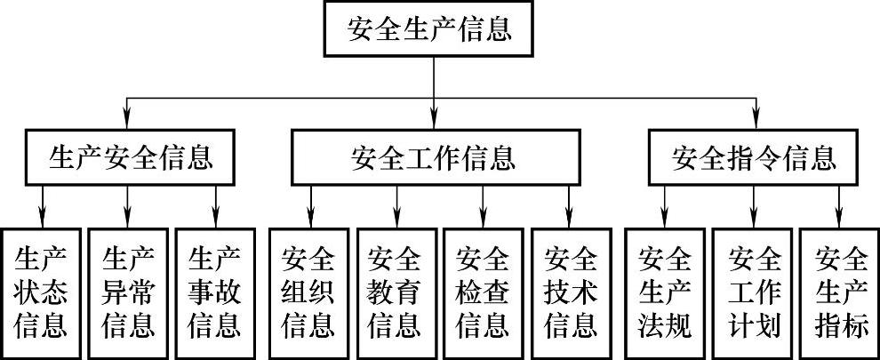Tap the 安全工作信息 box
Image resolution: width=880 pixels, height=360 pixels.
433,158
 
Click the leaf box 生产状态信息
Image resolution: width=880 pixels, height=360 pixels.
41,292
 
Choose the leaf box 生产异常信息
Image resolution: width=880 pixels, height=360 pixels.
128,292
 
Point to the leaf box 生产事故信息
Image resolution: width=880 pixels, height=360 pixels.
215,292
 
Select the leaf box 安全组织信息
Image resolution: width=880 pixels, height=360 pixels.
308,292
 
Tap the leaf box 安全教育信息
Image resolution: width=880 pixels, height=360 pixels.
396,292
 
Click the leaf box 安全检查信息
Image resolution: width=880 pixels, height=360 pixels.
483,292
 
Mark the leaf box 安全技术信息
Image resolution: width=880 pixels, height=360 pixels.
571,292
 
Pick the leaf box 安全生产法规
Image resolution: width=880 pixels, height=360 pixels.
665,292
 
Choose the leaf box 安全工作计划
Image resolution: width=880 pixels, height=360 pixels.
754,292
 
